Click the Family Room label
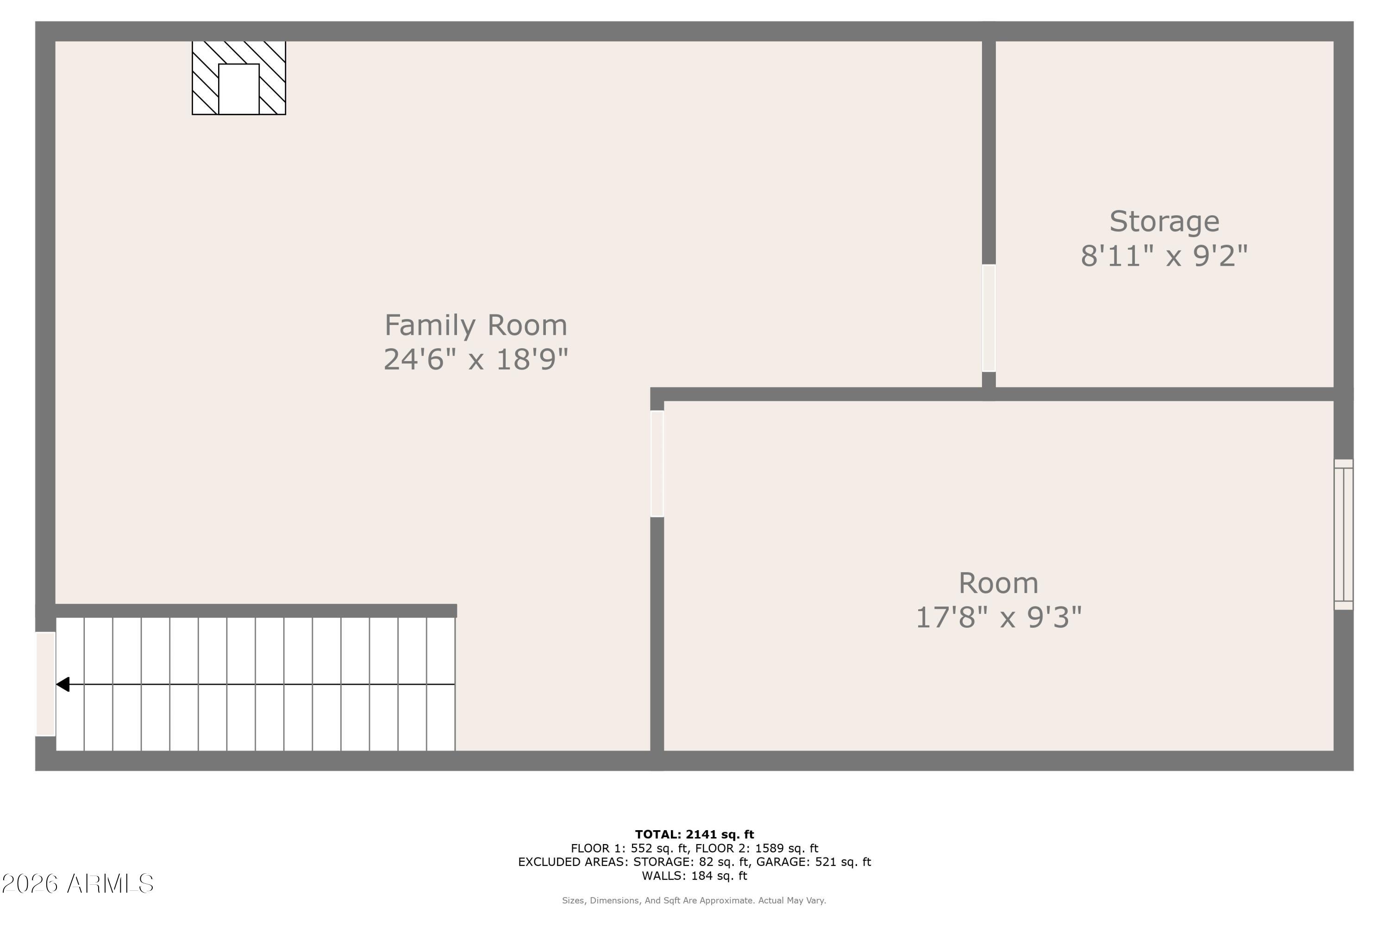point(476,325)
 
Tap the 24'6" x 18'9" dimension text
point(476,360)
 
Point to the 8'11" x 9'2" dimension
point(1164,257)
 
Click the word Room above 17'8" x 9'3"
point(998,583)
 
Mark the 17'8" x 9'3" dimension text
point(998,618)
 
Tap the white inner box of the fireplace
point(238,88)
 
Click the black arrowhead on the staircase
point(63,684)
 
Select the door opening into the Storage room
point(989,318)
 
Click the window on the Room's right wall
point(1343,534)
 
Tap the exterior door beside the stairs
point(45,684)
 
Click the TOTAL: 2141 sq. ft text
point(694,834)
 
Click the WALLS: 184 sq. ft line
point(694,876)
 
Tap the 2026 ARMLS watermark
point(77,884)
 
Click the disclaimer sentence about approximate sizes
point(694,901)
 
